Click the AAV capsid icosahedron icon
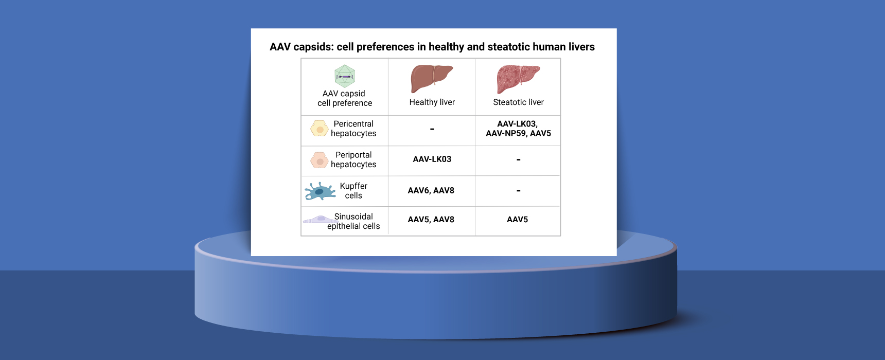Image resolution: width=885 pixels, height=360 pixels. pyautogui.click(x=345, y=76)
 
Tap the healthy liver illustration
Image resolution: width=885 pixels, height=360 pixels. pyautogui.click(x=432, y=79)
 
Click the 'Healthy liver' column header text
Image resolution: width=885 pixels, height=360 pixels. pyautogui.click(x=432, y=102)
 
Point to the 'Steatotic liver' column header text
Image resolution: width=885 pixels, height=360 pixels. pyautogui.click(x=518, y=102)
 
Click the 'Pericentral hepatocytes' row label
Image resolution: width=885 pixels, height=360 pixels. pyautogui.click(x=353, y=129)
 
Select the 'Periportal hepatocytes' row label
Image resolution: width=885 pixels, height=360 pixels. pyautogui.click(x=353, y=159)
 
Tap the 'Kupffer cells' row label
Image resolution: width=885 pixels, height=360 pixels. pyautogui.click(x=353, y=191)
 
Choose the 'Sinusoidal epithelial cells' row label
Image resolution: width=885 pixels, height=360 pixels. pyautogui.click(x=353, y=221)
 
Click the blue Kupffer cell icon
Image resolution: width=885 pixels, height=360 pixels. pyautogui.click(x=319, y=191)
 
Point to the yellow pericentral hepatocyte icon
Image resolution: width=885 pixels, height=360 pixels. pyautogui.click(x=320, y=129)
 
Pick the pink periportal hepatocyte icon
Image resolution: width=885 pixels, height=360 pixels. pyautogui.click(x=320, y=160)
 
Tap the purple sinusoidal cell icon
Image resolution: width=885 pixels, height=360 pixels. pyautogui.click(x=320, y=219)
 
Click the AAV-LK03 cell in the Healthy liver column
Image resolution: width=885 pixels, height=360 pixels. pyautogui.click(x=432, y=159)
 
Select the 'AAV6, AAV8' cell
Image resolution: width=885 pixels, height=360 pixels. pyautogui.click(x=431, y=190)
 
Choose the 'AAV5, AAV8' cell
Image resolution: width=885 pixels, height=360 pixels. pyautogui.click(x=431, y=220)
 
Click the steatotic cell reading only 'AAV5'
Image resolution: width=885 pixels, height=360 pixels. pyautogui.click(x=518, y=220)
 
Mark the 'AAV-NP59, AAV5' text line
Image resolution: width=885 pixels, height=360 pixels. pyautogui.click(x=518, y=133)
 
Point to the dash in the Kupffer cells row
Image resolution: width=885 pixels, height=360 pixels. pyautogui.click(x=518, y=191)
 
